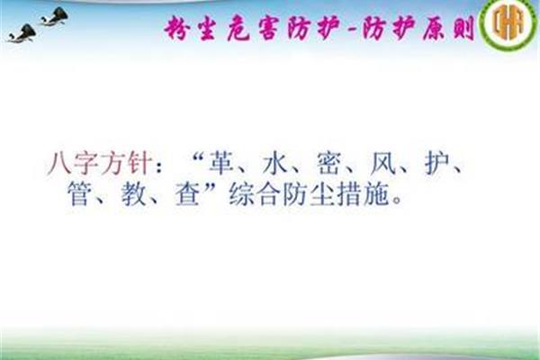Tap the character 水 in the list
(x=274, y=163)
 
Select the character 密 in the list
(x=328, y=163)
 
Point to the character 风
(x=383, y=163)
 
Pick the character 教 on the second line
(x=133, y=194)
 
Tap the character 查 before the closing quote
(x=187, y=194)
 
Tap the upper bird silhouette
(x=55, y=16)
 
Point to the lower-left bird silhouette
(x=22, y=33)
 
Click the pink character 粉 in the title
(x=177, y=28)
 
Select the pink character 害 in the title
(x=268, y=28)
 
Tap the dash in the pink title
(x=352, y=31)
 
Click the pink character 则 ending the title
(x=463, y=28)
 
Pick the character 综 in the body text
(x=241, y=194)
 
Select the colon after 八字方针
(x=158, y=166)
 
